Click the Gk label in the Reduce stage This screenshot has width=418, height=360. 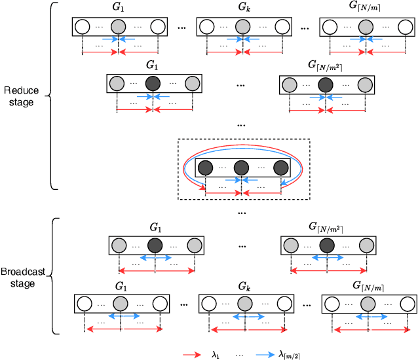[x=244, y=9]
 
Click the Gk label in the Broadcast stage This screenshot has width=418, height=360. [x=244, y=287]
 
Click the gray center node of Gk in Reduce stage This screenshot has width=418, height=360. [x=243, y=27]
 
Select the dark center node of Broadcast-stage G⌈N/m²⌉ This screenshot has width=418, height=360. [x=326, y=245]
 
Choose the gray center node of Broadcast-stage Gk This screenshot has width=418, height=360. [x=244, y=304]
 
